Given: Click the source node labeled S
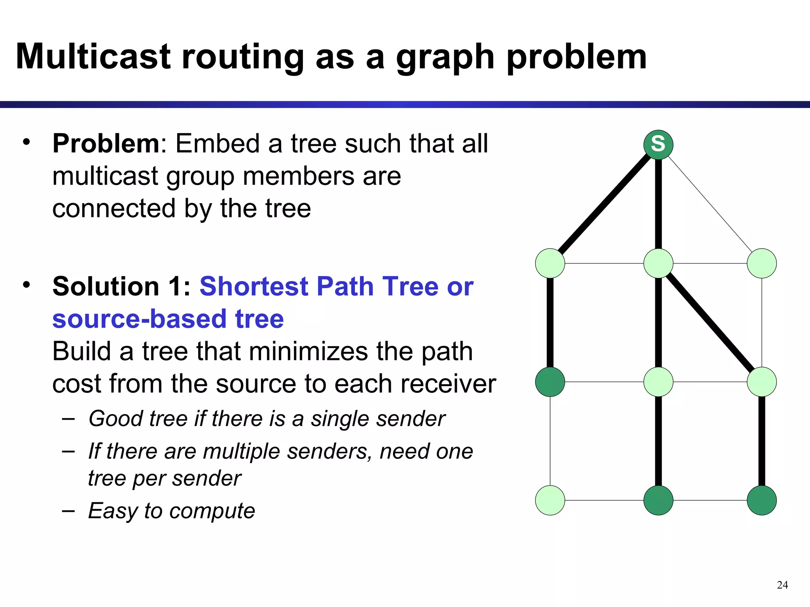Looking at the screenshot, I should [658, 145].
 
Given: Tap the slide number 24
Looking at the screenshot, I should [782, 585].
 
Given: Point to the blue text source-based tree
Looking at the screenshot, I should [168, 319].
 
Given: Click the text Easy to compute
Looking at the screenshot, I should [171, 511].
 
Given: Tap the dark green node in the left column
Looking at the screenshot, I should [550, 382].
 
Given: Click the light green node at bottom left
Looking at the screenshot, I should [550, 500].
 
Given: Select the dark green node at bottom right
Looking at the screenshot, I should [761, 500].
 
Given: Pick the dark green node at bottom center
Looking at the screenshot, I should [658, 500].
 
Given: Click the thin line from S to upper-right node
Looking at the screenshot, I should [710, 204].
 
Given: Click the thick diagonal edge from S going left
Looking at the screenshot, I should [604, 204].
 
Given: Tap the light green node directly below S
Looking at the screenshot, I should [658, 263].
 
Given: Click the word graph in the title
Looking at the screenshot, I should [445, 58].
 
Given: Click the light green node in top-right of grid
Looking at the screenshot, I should [761, 263].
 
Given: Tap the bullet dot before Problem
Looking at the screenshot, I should [26, 142].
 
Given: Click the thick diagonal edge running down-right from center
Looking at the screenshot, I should [710, 322].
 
